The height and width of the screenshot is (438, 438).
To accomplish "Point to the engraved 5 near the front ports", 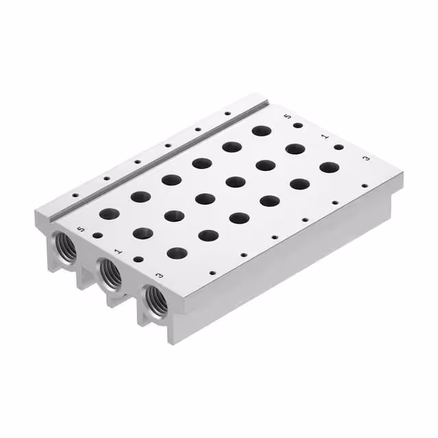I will point(82,229).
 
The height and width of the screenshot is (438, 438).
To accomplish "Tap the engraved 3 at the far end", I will point(366,159).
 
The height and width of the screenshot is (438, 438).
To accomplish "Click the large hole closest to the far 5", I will point(260,131).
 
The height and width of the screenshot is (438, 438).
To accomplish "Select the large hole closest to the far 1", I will point(296,149).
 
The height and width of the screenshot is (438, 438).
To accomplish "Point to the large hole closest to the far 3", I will point(329,167).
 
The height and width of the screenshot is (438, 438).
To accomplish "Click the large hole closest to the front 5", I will point(109,214).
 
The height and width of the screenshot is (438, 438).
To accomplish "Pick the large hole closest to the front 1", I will point(143,233).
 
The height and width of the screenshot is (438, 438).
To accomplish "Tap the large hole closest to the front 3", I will point(177,253).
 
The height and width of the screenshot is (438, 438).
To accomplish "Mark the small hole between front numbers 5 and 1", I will point(98,235).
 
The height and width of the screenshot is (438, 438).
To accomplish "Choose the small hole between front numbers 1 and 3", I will point(139,260).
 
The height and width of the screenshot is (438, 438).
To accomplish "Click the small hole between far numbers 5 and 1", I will point(298,125).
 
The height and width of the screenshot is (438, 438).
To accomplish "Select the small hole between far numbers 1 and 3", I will point(338,147).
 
